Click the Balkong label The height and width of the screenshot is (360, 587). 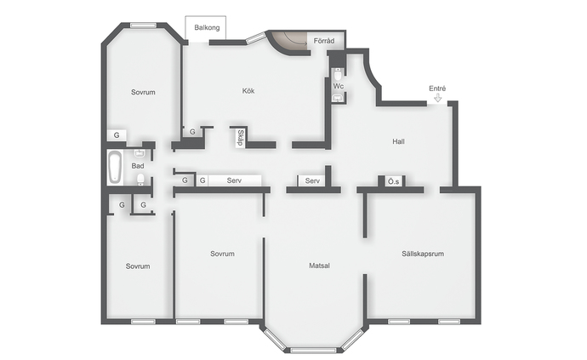(x=207, y=28)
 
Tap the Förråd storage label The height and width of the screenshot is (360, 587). (x=324, y=41)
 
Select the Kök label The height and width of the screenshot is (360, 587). (x=248, y=91)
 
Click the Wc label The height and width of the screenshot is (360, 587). (x=339, y=87)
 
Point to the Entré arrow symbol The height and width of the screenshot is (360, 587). (x=437, y=98)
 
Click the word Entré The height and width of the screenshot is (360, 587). (x=437, y=89)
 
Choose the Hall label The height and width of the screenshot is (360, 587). (x=398, y=141)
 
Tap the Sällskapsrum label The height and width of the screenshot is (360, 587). (x=423, y=254)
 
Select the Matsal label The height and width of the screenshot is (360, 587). (x=319, y=266)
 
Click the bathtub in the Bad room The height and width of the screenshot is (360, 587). (x=115, y=168)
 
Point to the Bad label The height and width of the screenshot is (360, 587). (x=138, y=166)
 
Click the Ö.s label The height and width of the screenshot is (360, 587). (x=393, y=182)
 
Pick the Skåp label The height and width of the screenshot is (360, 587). (x=241, y=138)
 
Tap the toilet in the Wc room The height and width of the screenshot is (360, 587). (x=338, y=74)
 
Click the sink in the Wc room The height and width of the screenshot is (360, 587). (x=338, y=98)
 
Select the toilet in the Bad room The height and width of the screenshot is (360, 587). (x=140, y=180)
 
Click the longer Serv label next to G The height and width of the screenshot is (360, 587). (x=234, y=180)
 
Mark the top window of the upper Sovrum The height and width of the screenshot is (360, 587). (x=144, y=26)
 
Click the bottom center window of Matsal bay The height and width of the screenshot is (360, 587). (x=313, y=351)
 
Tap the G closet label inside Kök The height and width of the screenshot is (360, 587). (x=192, y=132)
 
